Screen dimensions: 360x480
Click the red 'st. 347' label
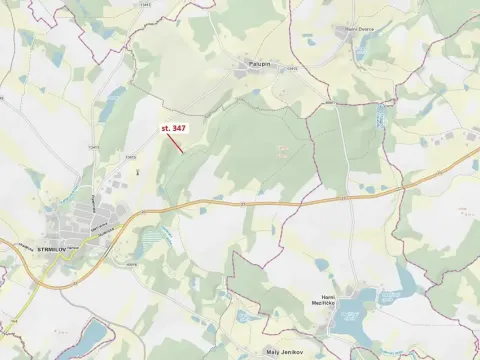pyautogui.click(x=173, y=128)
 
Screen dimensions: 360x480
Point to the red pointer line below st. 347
pyautogui.click(x=173, y=142)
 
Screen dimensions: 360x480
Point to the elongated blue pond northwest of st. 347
pyautogui.click(x=112, y=100)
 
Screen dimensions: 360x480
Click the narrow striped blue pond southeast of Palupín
pyautogui.click(x=379, y=116)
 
